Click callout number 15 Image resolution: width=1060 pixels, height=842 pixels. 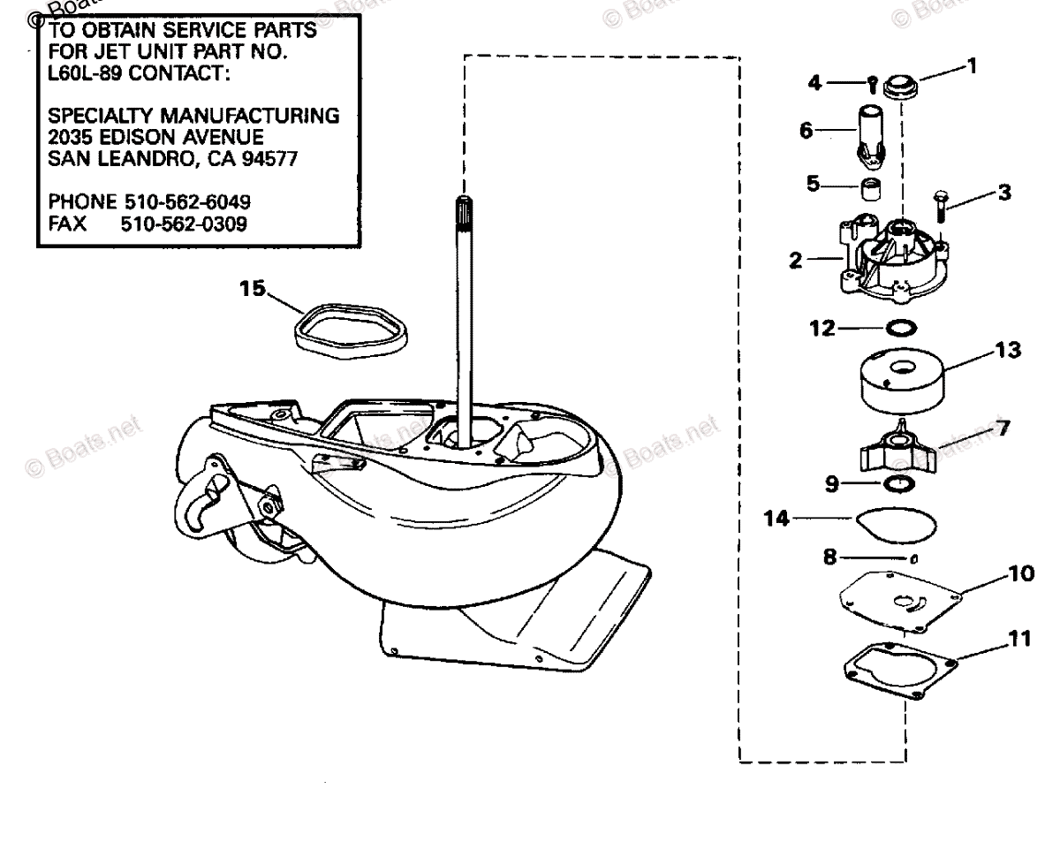coord(252,289)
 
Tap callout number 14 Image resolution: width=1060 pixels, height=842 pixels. coord(778,520)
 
